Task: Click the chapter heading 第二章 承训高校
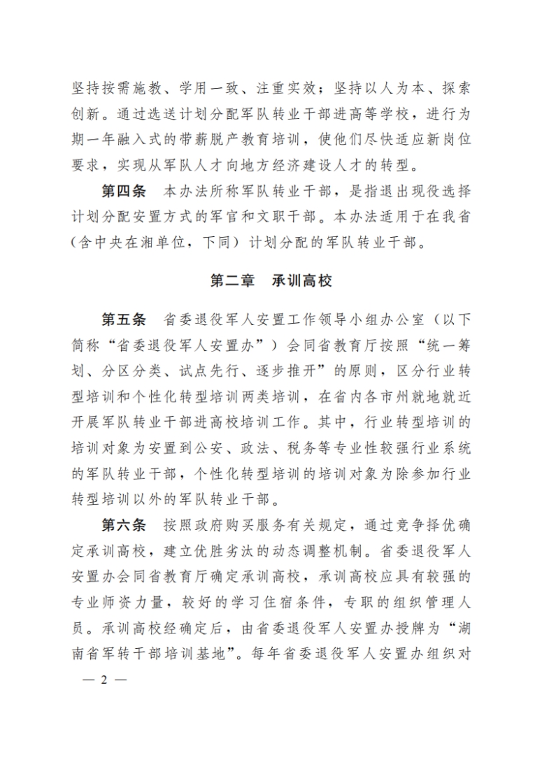click(271, 281)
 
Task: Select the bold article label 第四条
click(124, 192)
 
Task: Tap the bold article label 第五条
click(124, 320)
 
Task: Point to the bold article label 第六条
click(124, 525)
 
